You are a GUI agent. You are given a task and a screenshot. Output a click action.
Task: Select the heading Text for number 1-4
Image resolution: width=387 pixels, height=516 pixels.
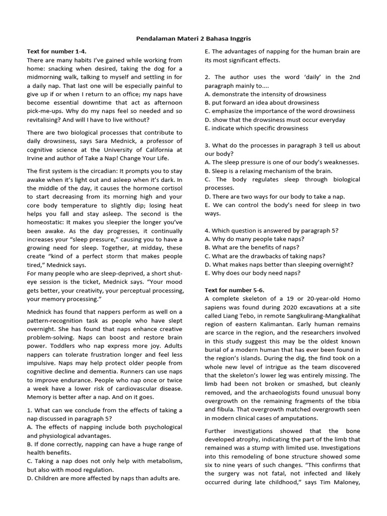(x=56, y=51)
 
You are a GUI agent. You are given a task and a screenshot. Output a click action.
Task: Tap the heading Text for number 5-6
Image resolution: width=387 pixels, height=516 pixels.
(x=234, y=290)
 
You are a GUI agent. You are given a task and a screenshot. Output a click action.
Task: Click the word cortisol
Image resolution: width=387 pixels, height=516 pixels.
(x=171, y=188)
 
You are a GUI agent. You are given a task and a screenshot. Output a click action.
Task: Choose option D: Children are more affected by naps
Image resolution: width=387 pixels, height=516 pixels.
(x=101, y=478)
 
